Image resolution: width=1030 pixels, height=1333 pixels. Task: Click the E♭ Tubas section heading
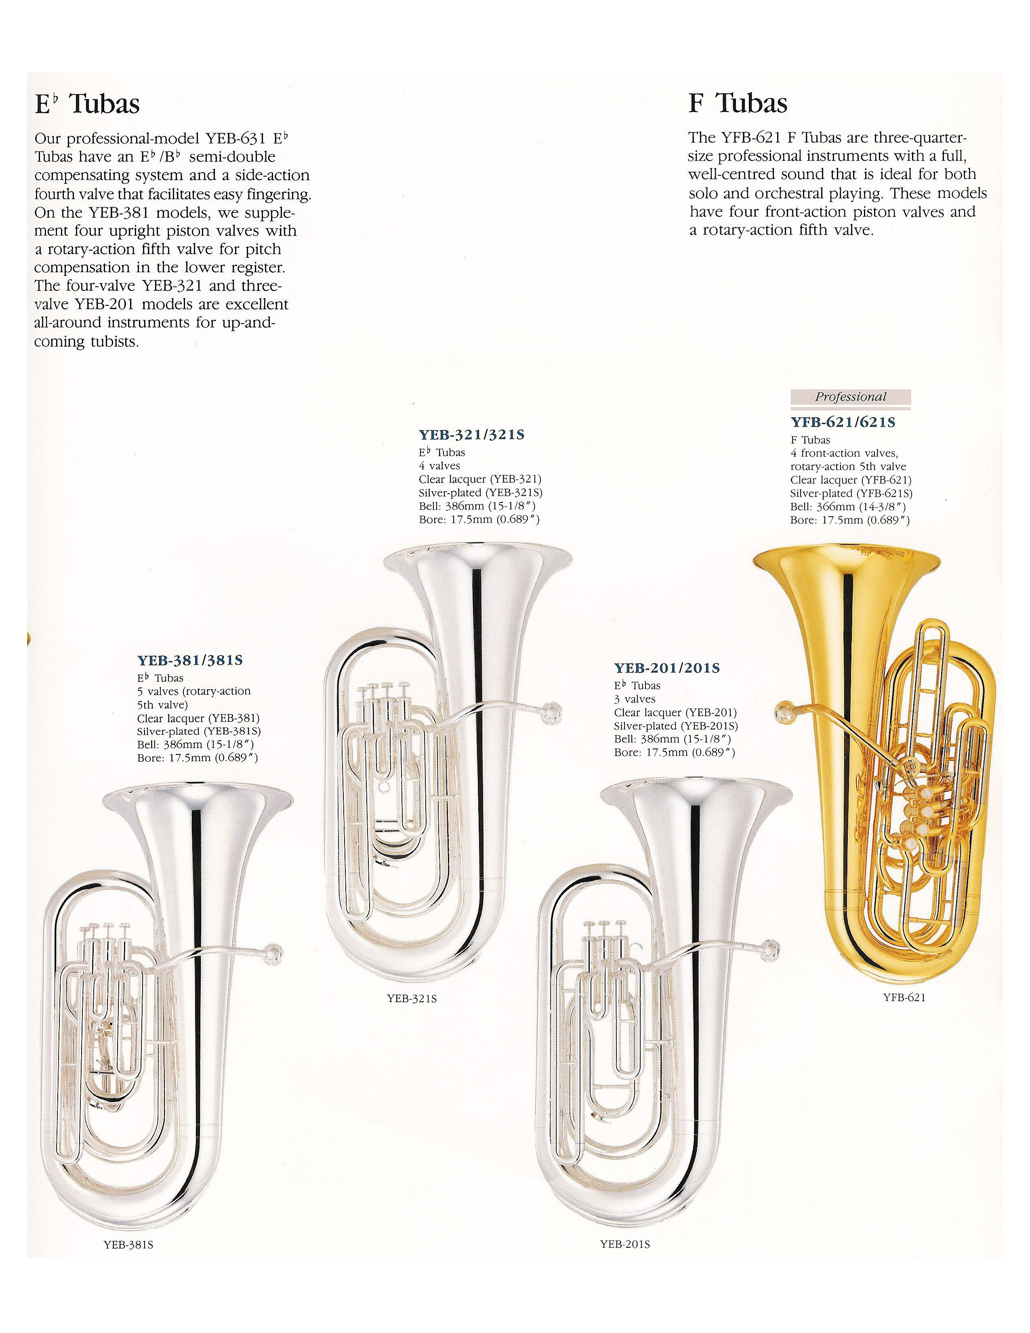pyautogui.click(x=87, y=104)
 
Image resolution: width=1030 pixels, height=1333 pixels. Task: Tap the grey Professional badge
pyautogui.click(x=850, y=397)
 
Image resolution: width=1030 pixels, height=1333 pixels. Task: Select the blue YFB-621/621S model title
pyautogui.click(x=843, y=423)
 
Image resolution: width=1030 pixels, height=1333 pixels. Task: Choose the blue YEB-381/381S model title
pyautogui.click(x=190, y=660)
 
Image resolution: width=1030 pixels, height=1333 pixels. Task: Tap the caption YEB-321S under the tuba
pyautogui.click(x=412, y=999)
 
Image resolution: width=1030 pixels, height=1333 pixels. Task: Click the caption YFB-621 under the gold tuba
pyautogui.click(x=904, y=997)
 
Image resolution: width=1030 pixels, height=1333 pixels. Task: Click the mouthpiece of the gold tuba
pyautogui.click(x=783, y=712)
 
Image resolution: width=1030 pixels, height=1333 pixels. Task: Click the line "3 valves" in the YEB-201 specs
pyautogui.click(x=635, y=699)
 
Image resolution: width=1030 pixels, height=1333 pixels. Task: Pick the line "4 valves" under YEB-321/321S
pyautogui.click(x=439, y=466)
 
